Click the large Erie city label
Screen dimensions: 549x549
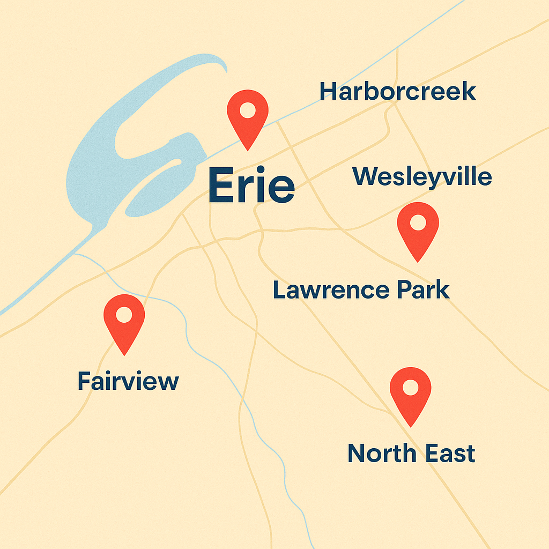point(251,185)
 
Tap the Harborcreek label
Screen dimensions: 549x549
point(397,92)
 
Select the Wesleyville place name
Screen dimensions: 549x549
point(422,177)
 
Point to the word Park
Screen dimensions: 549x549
point(423,290)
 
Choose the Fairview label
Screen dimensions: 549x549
point(128,381)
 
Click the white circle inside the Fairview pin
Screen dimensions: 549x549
point(124,315)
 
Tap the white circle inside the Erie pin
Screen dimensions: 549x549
point(248,110)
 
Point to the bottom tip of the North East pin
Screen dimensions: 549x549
point(411,426)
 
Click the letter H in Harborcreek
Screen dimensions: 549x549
point(328,92)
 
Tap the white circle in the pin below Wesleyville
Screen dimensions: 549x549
point(418,222)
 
